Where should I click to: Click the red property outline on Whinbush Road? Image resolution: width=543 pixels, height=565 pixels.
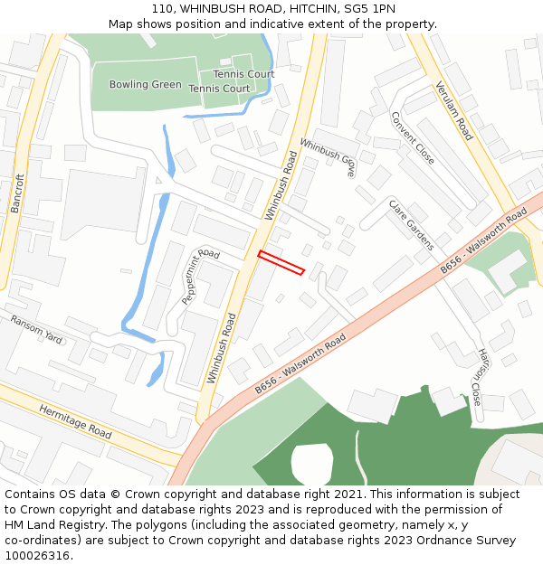(x=281, y=262)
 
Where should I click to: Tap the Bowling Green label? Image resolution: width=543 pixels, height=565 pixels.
(x=145, y=85)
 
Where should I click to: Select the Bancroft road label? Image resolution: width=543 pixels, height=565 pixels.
(x=17, y=193)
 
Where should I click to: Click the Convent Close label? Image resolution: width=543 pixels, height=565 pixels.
(x=413, y=137)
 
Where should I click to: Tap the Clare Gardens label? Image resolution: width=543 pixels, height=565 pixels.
(x=412, y=224)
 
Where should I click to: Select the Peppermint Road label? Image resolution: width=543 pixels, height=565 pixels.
(x=201, y=276)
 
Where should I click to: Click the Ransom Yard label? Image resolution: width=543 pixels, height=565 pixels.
(x=36, y=330)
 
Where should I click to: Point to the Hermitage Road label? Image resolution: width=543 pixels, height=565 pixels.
(x=75, y=422)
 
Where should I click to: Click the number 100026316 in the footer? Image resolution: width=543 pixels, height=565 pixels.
(x=37, y=555)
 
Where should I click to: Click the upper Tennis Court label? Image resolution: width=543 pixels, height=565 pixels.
(x=243, y=74)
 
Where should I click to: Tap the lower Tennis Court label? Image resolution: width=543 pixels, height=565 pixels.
(x=219, y=89)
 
